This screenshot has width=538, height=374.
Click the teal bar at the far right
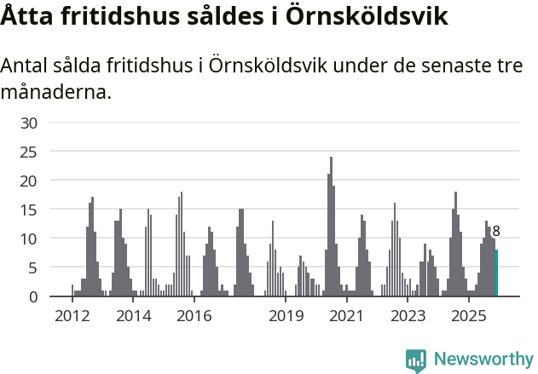click(x=497, y=273)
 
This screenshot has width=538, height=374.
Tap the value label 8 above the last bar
click(x=496, y=231)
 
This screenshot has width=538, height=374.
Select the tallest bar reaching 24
click(x=331, y=227)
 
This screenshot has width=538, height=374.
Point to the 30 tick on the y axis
click(x=29, y=123)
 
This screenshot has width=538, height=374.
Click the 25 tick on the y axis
click(x=29, y=152)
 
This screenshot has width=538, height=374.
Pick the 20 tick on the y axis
click(x=29, y=181)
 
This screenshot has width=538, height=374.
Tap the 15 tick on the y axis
click(x=29, y=210)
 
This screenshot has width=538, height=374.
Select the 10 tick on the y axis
click(x=29, y=239)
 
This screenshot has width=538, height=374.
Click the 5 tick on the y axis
click(x=33, y=268)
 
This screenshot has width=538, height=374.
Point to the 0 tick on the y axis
click(x=33, y=296)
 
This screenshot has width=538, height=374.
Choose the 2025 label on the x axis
click(x=469, y=317)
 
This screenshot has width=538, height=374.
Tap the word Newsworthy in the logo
click(x=483, y=360)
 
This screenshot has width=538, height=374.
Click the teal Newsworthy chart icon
click(x=416, y=360)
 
